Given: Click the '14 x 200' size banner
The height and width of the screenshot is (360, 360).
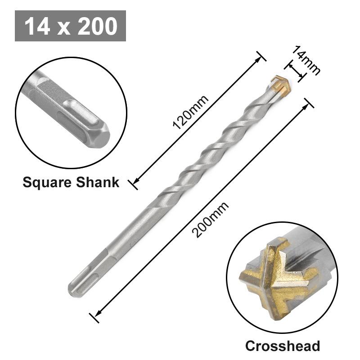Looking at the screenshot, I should click(70, 26).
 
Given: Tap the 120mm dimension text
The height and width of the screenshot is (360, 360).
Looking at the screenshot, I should click(191, 112).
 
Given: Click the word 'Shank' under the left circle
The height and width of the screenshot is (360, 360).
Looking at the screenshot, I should click(99, 182).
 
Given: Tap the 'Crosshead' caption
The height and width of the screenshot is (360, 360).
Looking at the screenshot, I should click(282, 346).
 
